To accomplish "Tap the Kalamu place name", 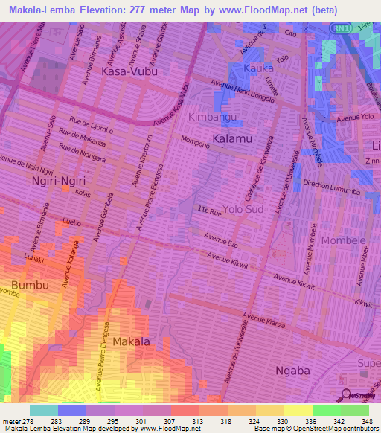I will tap(231, 139).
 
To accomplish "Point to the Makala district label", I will tap(132, 341).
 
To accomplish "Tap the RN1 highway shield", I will tap(339, 28).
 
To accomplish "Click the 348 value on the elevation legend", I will tap(366, 421).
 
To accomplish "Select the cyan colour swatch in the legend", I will tap(44, 410).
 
